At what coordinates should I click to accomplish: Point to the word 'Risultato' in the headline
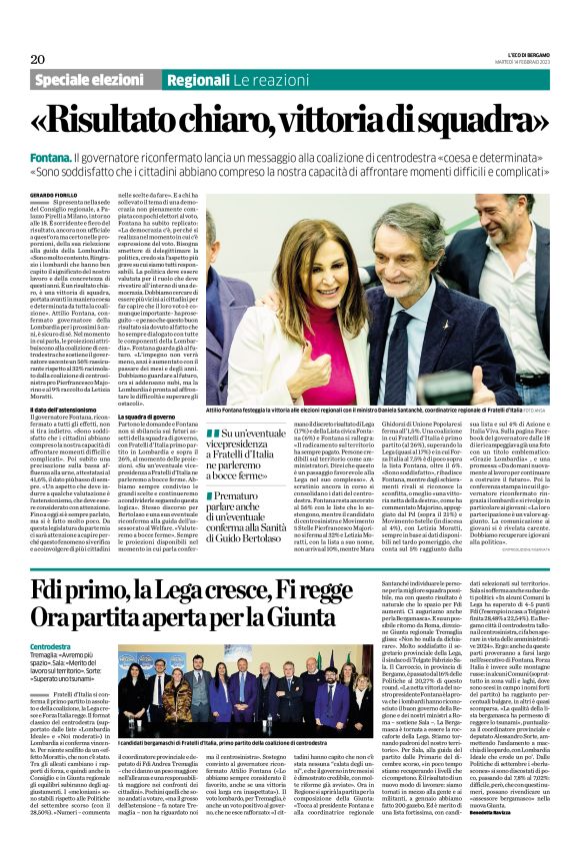click(156, 121)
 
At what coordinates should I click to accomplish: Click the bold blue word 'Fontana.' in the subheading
click(54, 158)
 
